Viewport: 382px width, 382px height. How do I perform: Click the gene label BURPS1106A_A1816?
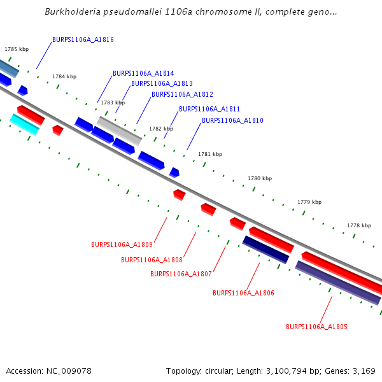click(83, 39)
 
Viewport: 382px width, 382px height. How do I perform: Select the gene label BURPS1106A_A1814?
click(143, 73)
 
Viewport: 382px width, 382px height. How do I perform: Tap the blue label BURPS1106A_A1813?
click(162, 83)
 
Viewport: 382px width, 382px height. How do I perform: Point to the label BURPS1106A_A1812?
click(182, 94)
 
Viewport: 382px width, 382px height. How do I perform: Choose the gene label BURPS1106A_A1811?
click(209, 109)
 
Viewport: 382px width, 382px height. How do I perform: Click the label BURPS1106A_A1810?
click(232, 120)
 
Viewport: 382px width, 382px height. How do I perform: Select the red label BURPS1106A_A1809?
click(122, 244)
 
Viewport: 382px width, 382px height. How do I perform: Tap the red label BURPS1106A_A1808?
click(152, 260)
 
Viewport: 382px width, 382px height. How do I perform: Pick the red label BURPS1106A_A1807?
click(181, 274)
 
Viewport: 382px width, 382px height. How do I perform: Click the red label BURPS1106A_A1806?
click(243, 293)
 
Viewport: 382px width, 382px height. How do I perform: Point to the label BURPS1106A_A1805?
click(316, 327)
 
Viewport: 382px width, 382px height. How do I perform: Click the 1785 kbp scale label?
click(17, 49)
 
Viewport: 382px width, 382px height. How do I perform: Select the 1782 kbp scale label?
click(161, 129)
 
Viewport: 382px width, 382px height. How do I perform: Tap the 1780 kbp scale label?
click(260, 179)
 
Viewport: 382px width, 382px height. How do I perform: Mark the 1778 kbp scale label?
click(359, 225)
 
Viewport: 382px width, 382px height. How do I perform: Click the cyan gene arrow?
click(24, 124)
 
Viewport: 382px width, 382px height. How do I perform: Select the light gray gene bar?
click(119, 130)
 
